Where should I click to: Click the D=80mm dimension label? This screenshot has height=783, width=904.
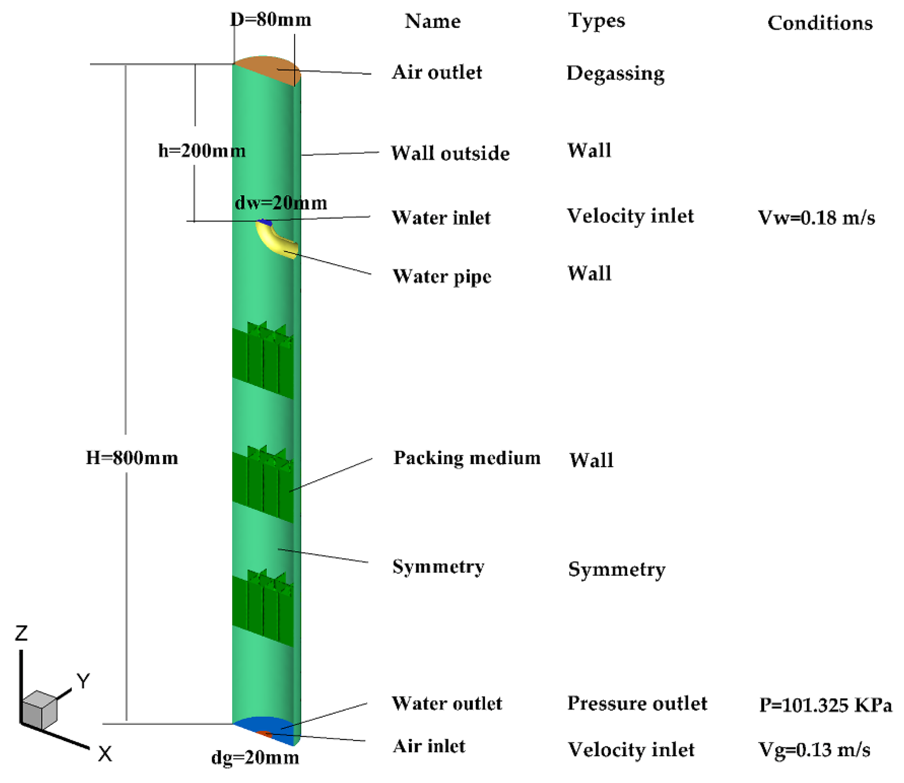point(270,20)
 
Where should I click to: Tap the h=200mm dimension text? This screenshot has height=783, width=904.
point(202,151)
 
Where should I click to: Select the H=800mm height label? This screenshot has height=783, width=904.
point(132,458)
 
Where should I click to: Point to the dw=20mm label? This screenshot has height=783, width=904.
point(281,203)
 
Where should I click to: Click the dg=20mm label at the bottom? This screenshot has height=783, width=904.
point(255,757)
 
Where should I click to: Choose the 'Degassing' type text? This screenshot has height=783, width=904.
point(615,73)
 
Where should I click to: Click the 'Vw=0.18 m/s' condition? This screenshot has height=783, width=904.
point(816,217)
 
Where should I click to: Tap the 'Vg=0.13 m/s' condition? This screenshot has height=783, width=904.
point(814,750)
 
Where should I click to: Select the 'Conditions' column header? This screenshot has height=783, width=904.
point(820,23)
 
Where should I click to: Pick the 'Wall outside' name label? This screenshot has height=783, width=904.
point(450,153)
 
